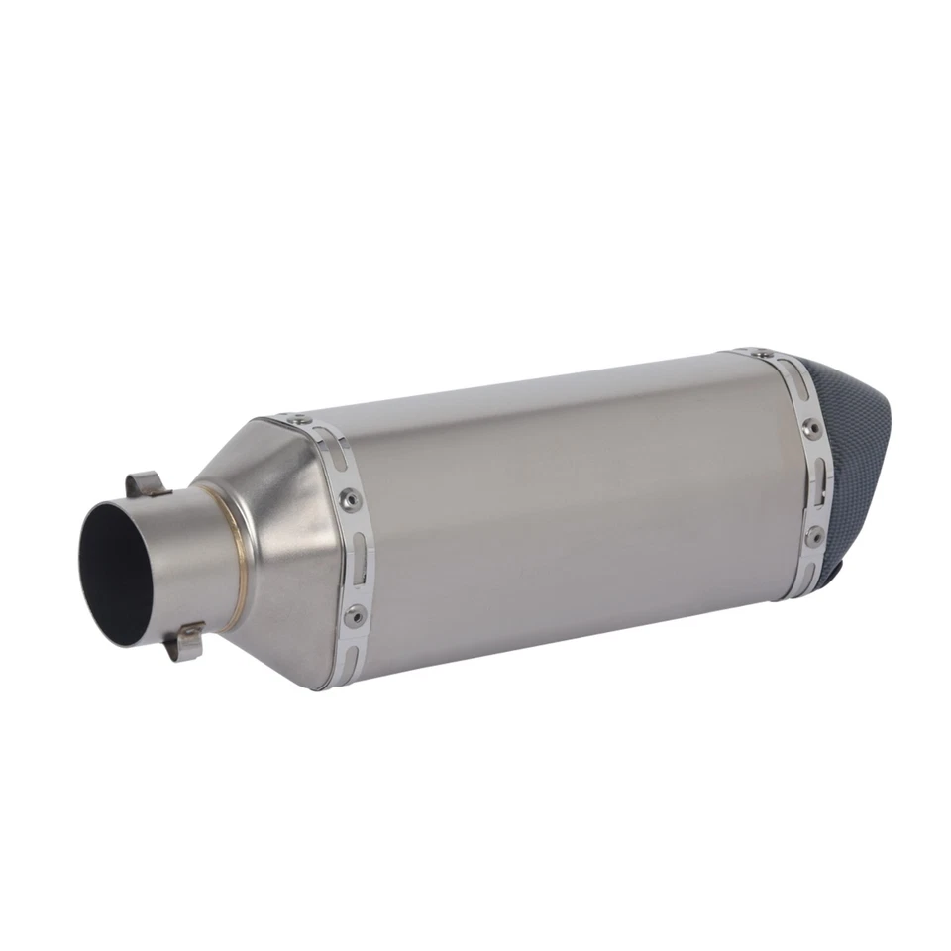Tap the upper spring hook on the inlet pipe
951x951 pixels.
pyautogui.click(x=146, y=484)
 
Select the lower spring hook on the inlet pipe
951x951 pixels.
pyautogui.click(x=185, y=642)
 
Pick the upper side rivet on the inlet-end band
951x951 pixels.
pyautogui.click(x=349, y=499)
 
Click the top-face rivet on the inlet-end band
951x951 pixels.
pyautogui.click(x=292, y=419)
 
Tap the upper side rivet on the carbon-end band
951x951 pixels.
pyautogui.click(x=811, y=427)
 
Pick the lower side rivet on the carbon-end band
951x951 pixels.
pyautogui.click(x=814, y=536)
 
